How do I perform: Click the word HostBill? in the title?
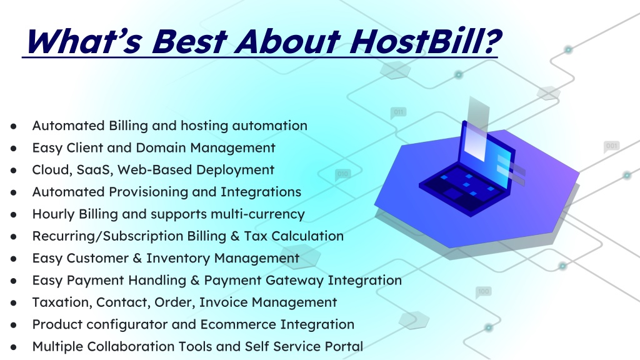[425, 42]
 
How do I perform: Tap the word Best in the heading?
[189, 42]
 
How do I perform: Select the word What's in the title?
[84, 42]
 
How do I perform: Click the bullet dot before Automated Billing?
[14, 126]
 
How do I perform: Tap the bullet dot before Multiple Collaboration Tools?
[14, 347]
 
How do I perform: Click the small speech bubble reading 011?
[398, 112]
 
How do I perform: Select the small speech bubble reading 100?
[483, 292]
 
